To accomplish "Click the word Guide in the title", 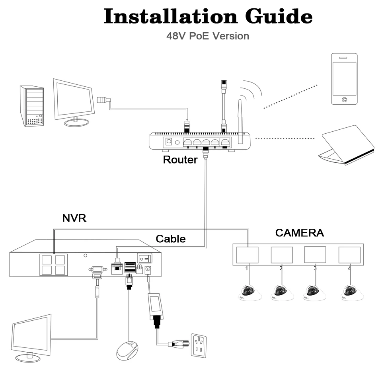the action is pos(279,16).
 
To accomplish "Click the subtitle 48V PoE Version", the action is pos(208,36).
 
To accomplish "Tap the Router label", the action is pos(180,160).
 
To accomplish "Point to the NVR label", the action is pos(74,218).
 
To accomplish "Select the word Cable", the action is pos(171,239).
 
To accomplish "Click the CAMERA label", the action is pos(299,233).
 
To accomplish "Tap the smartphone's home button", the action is pos(344,99).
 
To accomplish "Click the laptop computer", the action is pos(346,145).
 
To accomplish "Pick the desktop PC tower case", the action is pos(32,106).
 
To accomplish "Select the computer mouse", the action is pos(127,351).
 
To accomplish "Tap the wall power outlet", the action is pos(199,346).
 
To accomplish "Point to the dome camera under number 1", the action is pos(250,292).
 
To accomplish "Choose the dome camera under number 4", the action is pos(352,292).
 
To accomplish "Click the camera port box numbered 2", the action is pos(282,255).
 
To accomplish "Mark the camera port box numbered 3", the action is pos(315,255).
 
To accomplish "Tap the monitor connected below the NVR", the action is pos(31,338).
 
